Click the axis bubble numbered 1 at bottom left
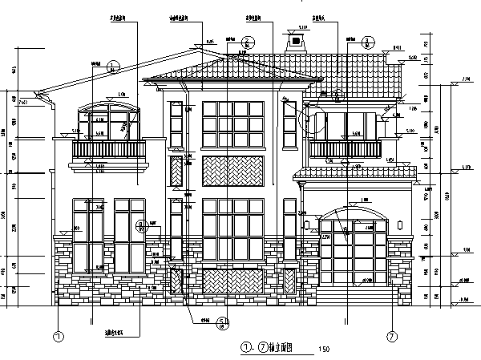pyautogui.click(x=59, y=337)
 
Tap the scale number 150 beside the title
pyautogui.click(x=324, y=349)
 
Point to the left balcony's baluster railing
pyautogui.click(x=109, y=150)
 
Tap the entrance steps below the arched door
pyautogui.click(x=353, y=293)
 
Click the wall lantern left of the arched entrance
pyautogui.click(x=306, y=224)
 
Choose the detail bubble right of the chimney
pyautogui.click(x=368, y=42)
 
